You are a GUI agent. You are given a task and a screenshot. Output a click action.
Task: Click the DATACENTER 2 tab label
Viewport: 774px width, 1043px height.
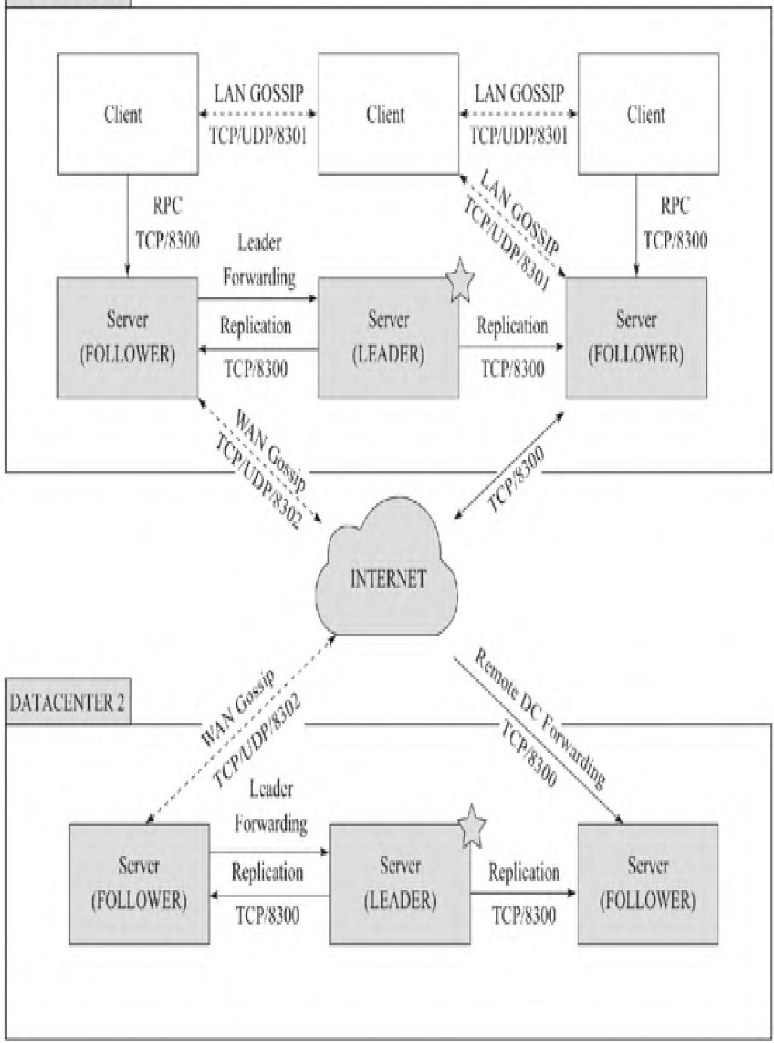click(x=67, y=703)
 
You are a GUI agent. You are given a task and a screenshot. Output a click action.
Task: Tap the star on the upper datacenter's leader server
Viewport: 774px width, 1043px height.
click(x=459, y=279)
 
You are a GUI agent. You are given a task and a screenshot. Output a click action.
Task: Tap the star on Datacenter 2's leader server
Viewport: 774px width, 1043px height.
click(x=472, y=826)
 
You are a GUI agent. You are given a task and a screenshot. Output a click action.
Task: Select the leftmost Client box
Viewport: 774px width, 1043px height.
click(x=128, y=113)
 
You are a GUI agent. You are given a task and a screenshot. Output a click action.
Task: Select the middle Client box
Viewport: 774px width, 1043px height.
click(x=388, y=113)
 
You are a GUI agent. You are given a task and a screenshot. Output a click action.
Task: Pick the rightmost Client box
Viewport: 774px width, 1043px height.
click(x=648, y=113)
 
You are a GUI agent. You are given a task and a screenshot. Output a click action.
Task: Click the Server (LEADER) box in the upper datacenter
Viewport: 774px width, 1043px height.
click(x=388, y=338)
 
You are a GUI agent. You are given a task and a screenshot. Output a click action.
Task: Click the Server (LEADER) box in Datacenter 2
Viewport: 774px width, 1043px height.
click(x=399, y=884)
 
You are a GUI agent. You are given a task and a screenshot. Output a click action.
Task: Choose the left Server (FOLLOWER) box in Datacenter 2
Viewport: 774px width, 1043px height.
click(x=139, y=884)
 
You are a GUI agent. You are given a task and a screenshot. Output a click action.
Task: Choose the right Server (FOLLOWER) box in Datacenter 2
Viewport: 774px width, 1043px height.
click(x=648, y=884)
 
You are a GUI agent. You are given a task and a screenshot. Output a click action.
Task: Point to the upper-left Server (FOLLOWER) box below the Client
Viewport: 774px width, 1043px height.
click(x=128, y=338)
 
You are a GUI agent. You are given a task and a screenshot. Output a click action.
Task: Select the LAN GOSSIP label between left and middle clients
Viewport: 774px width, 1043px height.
click(x=259, y=94)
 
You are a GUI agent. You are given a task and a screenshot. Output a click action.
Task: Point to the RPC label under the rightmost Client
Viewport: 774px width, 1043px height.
click(x=674, y=206)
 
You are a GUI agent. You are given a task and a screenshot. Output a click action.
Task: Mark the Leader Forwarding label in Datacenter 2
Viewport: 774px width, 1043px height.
click(x=271, y=806)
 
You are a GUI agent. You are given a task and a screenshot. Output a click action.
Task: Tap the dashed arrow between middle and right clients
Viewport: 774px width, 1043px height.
click(x=518, y=114)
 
